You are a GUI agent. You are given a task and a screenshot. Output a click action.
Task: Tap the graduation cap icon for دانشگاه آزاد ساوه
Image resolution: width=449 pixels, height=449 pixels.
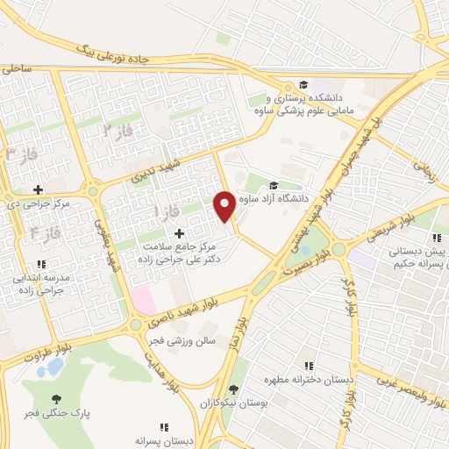[274, 185]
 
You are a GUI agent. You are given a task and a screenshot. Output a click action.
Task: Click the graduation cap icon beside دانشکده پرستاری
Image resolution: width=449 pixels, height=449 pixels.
[303, 84]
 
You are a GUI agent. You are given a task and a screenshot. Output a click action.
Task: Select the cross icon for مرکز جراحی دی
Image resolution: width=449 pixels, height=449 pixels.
[38, 189]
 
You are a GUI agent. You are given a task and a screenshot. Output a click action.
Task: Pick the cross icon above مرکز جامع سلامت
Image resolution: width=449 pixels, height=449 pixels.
[180, 233]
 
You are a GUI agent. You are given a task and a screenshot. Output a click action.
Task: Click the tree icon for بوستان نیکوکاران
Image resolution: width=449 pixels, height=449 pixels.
[232, 390]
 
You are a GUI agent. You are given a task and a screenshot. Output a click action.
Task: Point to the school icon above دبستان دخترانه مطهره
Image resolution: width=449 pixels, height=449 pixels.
[308, 366]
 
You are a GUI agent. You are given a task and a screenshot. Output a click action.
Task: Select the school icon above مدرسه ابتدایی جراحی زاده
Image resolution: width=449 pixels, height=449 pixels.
[41, 264]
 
